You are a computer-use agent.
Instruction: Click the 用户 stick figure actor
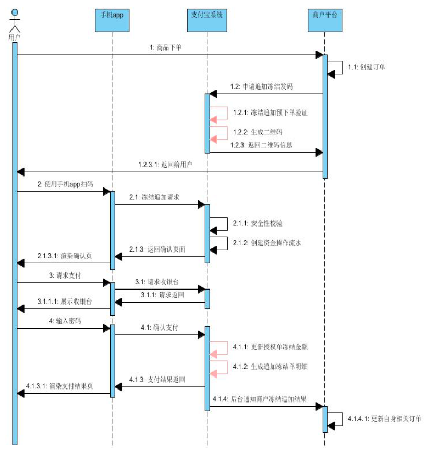pos(15,20)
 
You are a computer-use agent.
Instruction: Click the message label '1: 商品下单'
pos(165,47)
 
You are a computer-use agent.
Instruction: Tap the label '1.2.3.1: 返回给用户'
pos(166,165)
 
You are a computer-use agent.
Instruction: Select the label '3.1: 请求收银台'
pos(156,281)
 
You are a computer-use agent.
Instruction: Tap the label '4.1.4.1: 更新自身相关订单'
pos(384,418)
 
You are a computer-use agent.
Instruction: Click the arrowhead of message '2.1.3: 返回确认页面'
pos(118,256)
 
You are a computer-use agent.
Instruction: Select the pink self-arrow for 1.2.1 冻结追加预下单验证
pos(219,114)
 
